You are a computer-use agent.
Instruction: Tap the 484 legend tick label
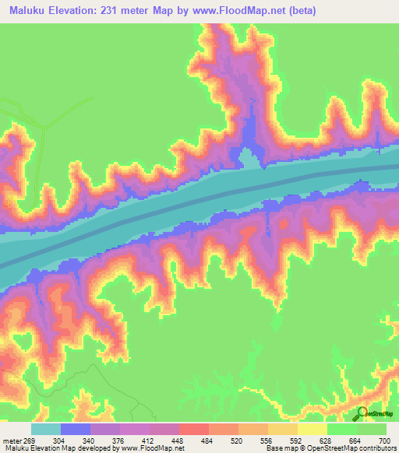(x=216, y=440)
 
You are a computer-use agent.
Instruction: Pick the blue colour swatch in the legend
(x=76, y=429)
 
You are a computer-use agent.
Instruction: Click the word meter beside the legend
(x=13, y=440)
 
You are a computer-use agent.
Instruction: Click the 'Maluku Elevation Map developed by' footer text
(x=58, y=448)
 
